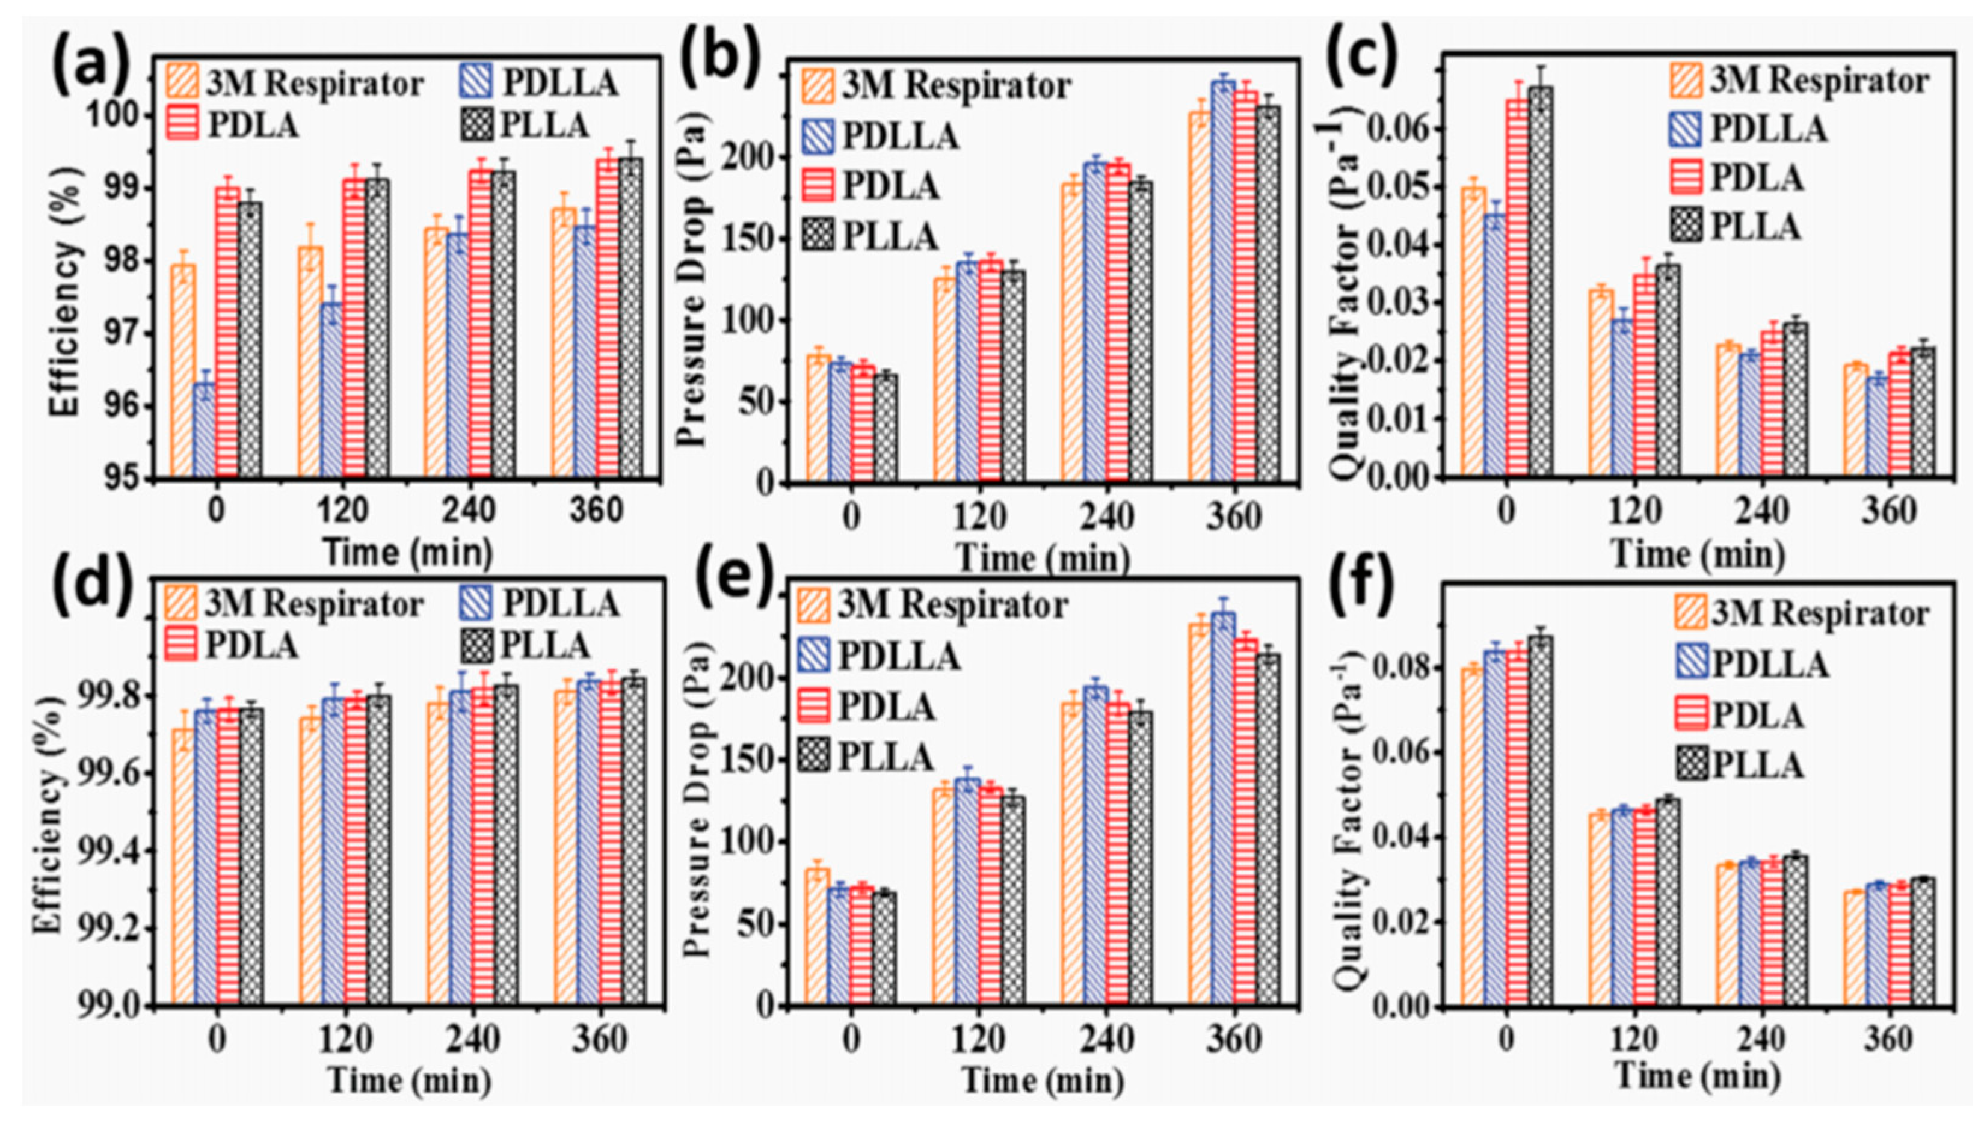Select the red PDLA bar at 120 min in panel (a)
[355, 328]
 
